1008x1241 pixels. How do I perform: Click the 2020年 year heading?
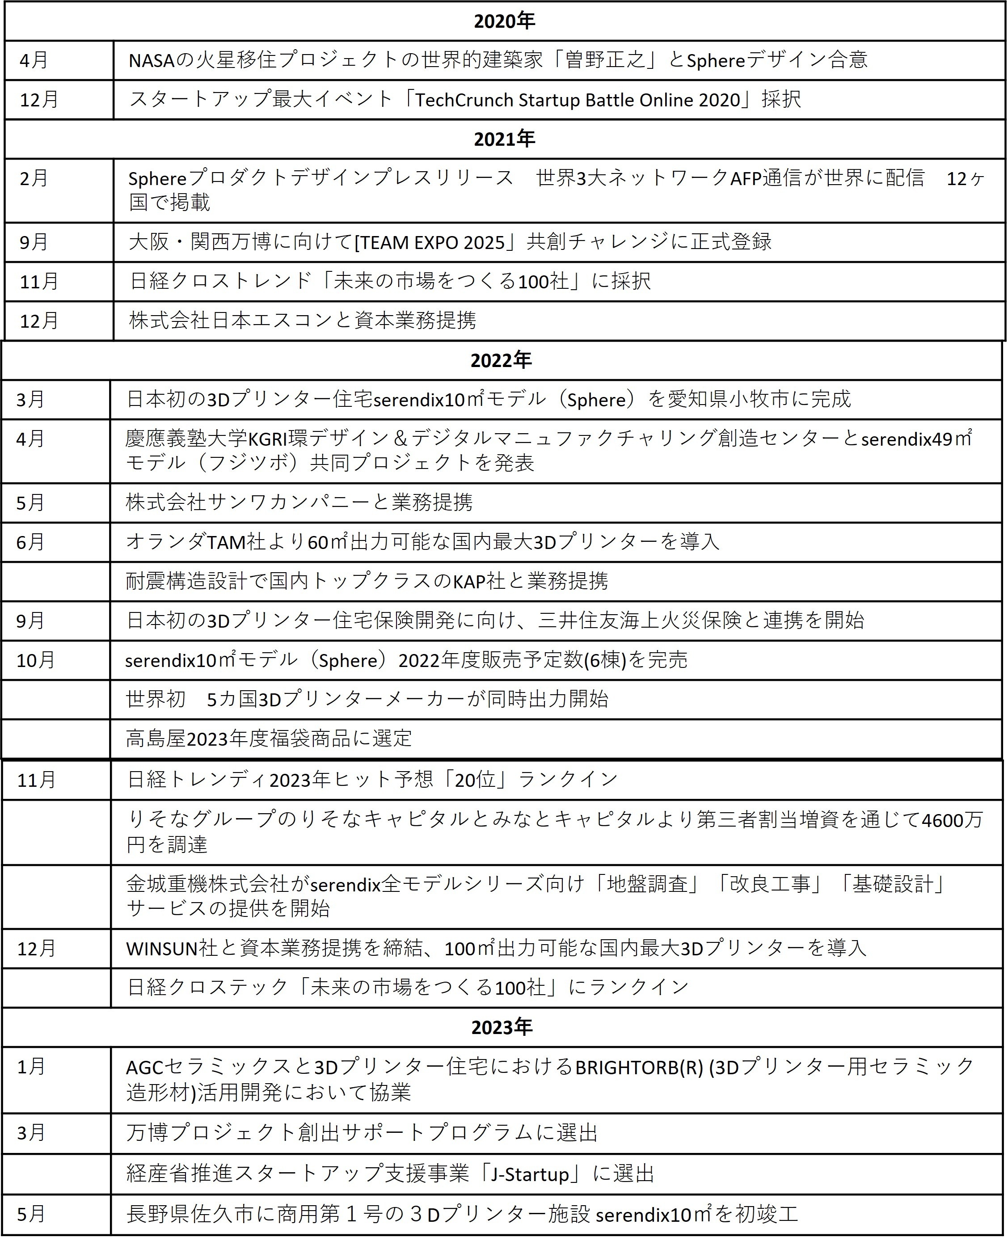pos(504,21)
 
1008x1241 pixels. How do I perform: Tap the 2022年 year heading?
pos(501,361)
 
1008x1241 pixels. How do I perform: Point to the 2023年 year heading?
pos(502,1027)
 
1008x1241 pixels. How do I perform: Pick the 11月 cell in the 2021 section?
pos(39,282)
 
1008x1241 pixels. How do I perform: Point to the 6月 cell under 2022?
pos(30,542)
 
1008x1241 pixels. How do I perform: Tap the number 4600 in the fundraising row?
pos(944,820)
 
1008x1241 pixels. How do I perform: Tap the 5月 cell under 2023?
pos(31,1214)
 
